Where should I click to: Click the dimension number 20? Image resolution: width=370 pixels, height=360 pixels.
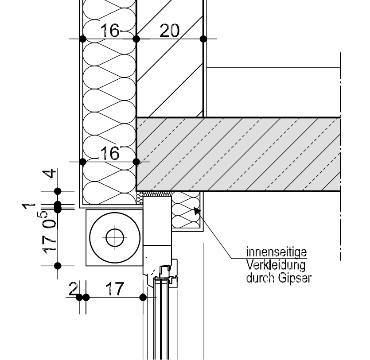(x=169, y=31)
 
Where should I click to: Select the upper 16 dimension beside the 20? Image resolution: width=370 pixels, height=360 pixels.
(x=110, y=31)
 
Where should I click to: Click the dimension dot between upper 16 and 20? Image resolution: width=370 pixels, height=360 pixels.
(x=136, y=39)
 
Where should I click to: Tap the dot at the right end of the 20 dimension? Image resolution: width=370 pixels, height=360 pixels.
(x=203, y=39)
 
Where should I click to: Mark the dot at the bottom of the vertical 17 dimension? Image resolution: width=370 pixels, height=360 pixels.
(x=58, y=266)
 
